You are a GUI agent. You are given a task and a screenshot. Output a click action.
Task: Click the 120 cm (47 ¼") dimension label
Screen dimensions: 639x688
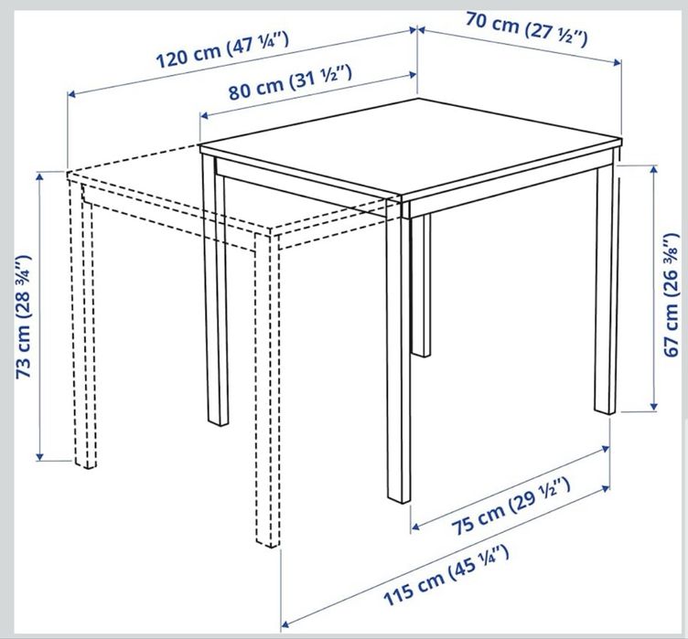click(x=223, y=55)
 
